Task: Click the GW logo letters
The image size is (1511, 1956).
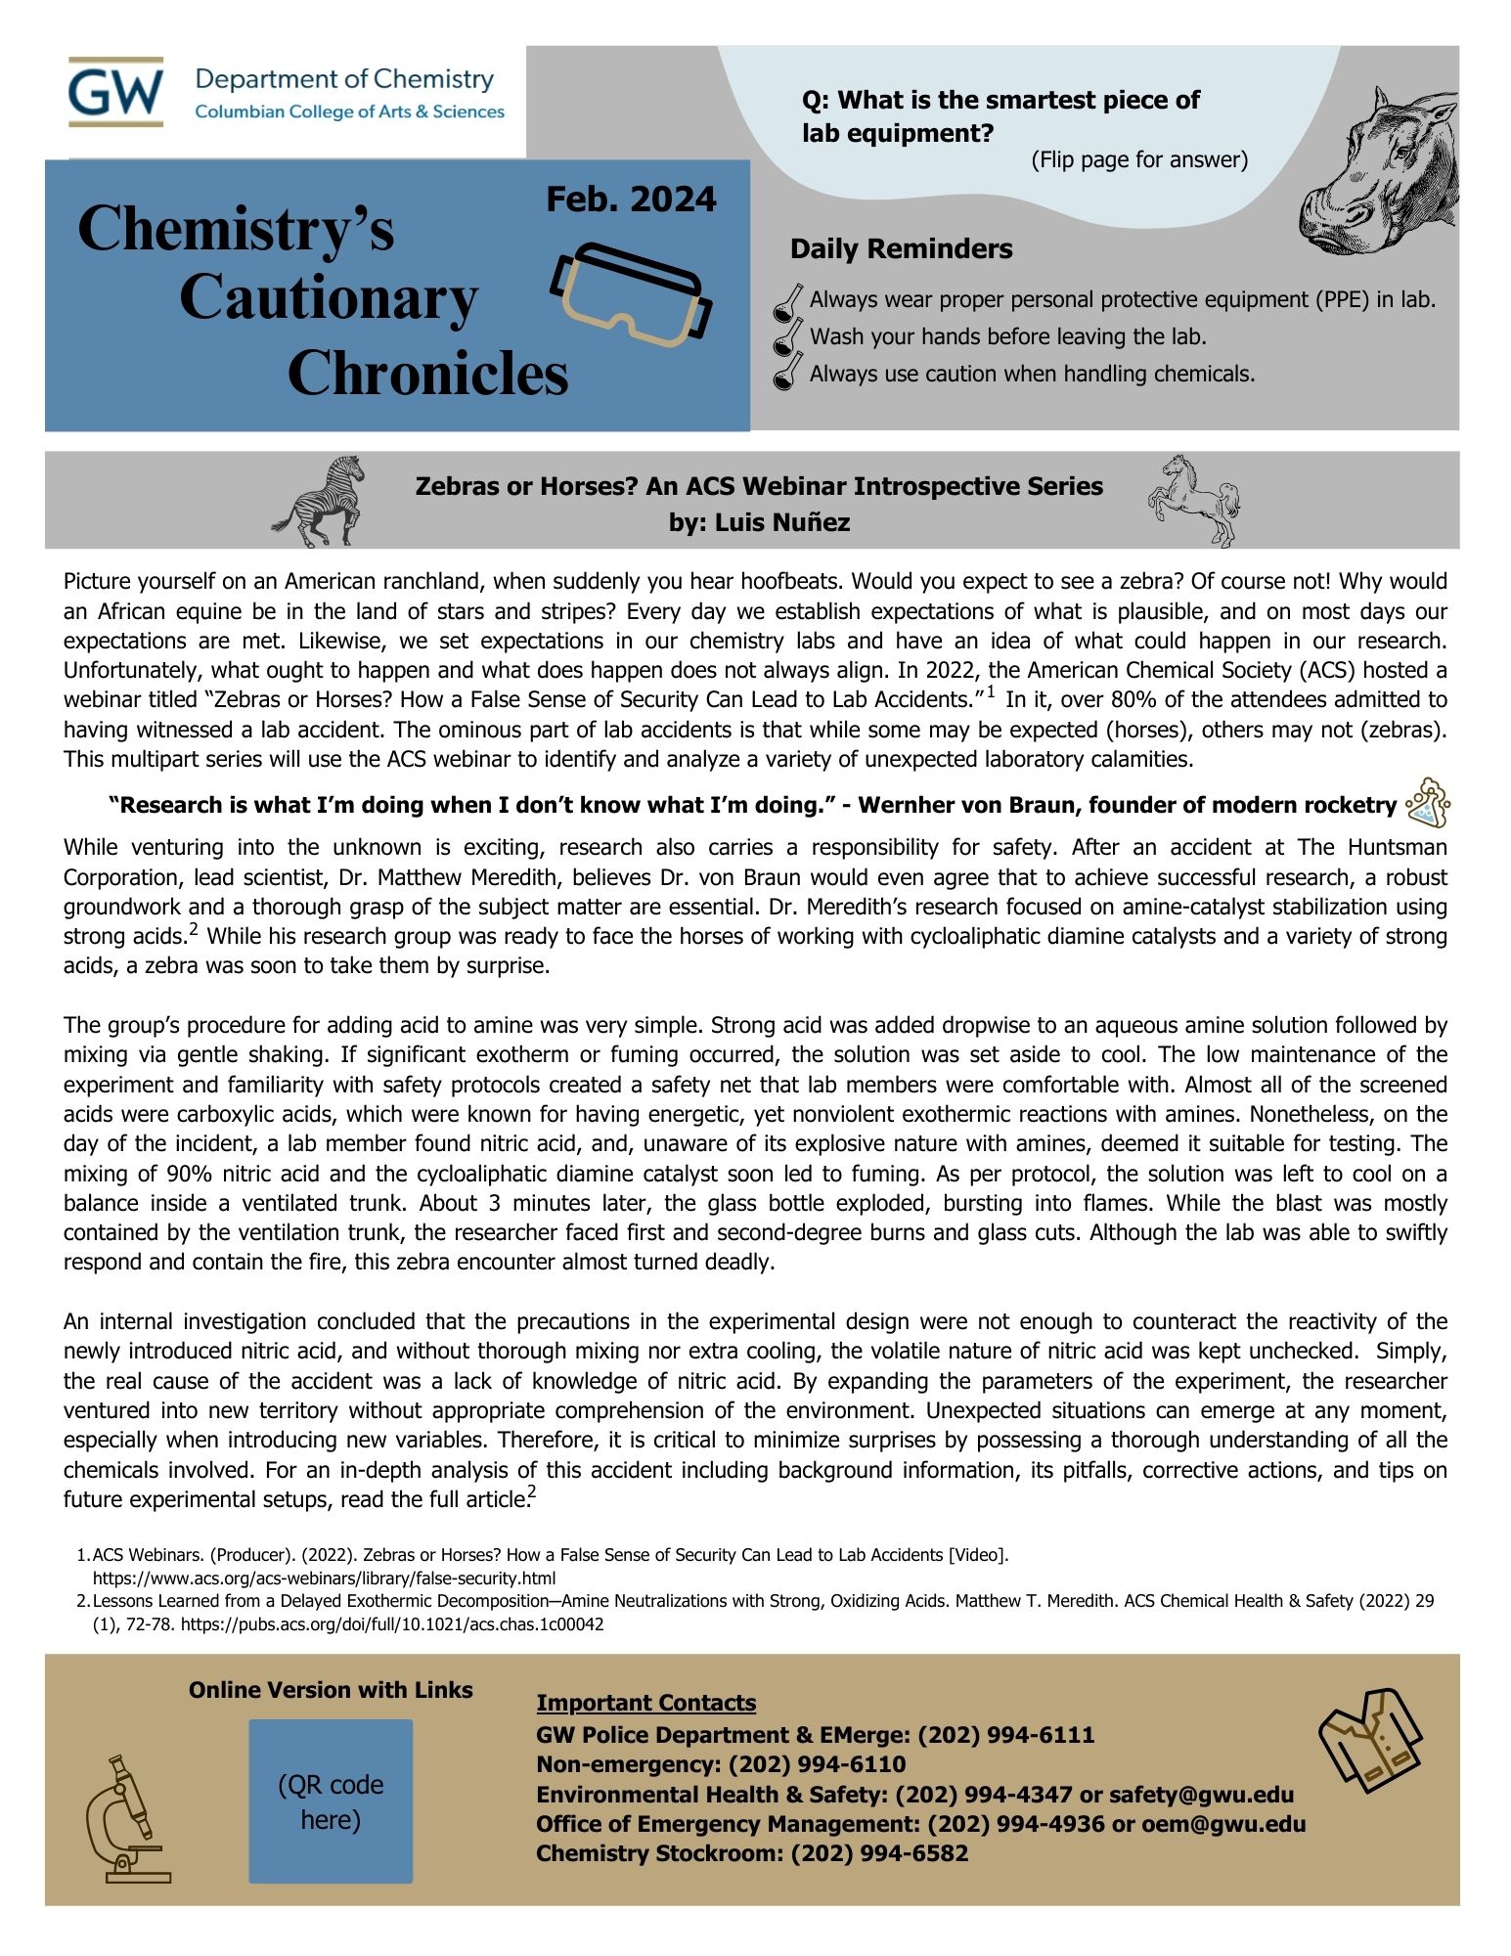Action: pyautogui.click(x=115, y=91)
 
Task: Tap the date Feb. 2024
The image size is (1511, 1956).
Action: pyautogui.click(x=631, y=200)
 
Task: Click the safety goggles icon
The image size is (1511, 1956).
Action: pyautogui.click(x=631, y=293)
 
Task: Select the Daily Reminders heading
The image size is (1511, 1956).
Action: pyautogui.click(x=901, y=249)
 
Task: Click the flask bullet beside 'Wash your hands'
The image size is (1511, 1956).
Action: pyautogui.click(x=785, y=337)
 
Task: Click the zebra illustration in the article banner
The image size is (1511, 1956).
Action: pyautogui.click(x=320, y=501)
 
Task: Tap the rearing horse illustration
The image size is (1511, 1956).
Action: pyautogui.click(x=1192, y=499)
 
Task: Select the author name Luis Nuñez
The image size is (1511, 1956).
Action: pyautogui.click(x=781, y=523)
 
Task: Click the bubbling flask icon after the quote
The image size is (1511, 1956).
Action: pyautogui.click(x=1428, y=804)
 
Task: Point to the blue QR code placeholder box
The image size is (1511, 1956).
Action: pyautogui.click(x=331, y=1801)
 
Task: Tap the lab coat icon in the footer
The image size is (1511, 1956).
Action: pyautogui.click(x=1369, y=1739)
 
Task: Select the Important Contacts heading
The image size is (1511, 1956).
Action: pyautogui.click(x=645, y=1703)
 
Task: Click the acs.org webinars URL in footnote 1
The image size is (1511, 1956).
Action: pyautogui.click(x=324, y=1578)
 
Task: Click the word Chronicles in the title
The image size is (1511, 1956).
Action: pyautogui.click(x=427, y=374)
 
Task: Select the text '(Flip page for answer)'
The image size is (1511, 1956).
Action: pyautogui.click(x=1139, y=160)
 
